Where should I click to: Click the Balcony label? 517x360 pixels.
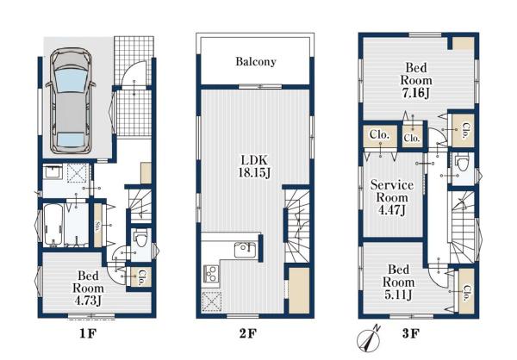(x=256, y=62)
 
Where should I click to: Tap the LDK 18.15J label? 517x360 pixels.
(x=254, y=166)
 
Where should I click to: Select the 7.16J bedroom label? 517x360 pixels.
(x=416, y=80)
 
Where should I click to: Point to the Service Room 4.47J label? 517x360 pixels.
(x=392, y=197)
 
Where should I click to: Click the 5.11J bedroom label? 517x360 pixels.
(x=398, y=282)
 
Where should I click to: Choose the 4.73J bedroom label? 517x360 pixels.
(x=88, y=289)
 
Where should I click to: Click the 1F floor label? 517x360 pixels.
(x=88, y=334)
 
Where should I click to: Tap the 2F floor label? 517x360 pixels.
(x=247, y=334)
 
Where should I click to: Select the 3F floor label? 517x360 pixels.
(x=410, y=334)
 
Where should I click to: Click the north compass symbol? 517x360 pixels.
(x=370, y=339)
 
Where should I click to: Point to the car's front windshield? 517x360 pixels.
(x=71, y=80)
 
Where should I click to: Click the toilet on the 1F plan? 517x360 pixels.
(x=141, y=238)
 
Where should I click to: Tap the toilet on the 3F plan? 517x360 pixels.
(x=461, y=163)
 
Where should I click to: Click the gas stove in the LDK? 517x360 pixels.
(x=211, y=273)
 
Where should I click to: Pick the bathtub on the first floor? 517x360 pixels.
(x=53, y=225)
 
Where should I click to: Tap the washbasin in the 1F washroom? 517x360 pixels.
(x=53, y=171)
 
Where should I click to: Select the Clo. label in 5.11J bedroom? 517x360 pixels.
(x=466, y=293)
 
